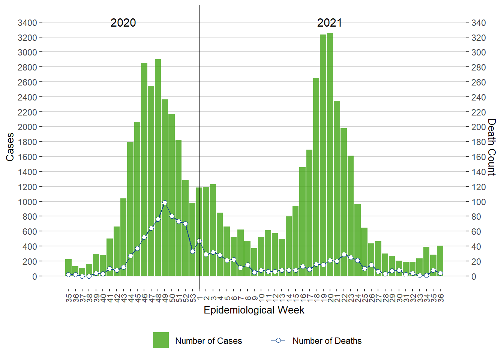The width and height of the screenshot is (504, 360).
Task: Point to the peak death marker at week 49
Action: (x=165, y=203)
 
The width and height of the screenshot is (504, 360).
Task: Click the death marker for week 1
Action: (x=199, y=241)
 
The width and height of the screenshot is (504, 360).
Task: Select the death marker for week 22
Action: (x=344, y=255)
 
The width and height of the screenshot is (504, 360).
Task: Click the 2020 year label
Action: (x=123, y=23)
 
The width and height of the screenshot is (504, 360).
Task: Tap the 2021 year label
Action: (x=329, y=23)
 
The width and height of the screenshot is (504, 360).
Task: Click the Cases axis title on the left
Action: (x=10, y=147)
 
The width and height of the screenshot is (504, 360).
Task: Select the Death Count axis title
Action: (x=492, y=147)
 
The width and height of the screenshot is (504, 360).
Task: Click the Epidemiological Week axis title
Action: (x=254, y=310)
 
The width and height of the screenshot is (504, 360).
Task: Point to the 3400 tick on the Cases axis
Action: (x=27, y=23)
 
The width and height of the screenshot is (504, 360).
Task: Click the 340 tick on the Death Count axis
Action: (x=478, y=23)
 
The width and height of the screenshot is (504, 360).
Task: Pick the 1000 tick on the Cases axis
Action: (x=27, y=202)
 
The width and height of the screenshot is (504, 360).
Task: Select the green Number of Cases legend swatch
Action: (x=160, y=340)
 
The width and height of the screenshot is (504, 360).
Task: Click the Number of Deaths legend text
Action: (x=327, y=341)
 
